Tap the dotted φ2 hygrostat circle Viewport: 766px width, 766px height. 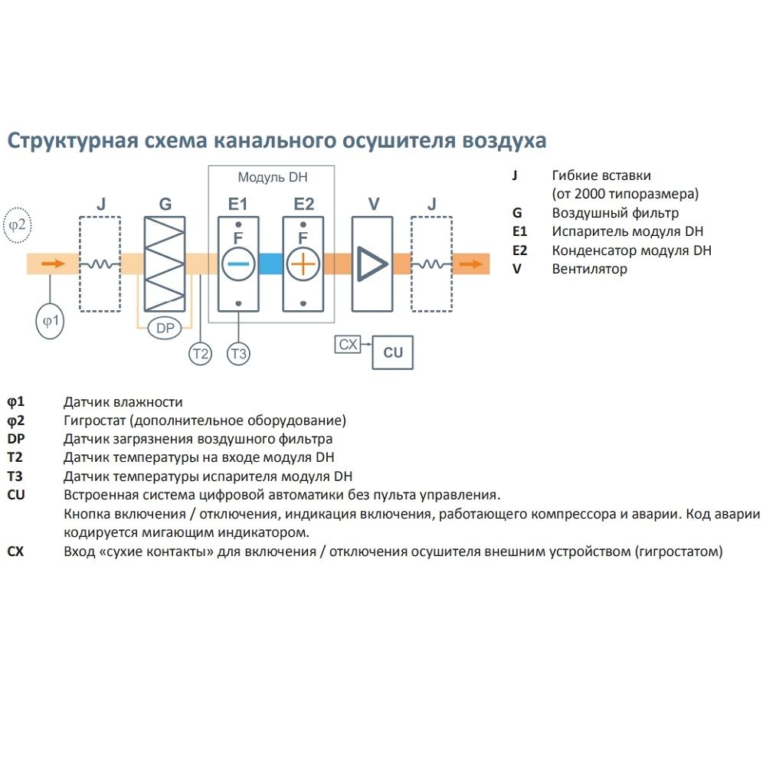click(x=18, y=224)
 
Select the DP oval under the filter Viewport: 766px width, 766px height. click(x=165, y=328)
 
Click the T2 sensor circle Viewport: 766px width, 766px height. click(x=200, y=353)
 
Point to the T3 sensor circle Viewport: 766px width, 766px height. click(x=239, y=353)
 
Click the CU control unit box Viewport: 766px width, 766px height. click(x=392, y=352)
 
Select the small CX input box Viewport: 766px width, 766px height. click(x=348, y=345)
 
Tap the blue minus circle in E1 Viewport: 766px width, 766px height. click(x=238, y=264)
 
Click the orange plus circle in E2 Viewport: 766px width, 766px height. click(x=303, y=264)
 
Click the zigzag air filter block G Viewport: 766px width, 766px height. click(x=165, y=264)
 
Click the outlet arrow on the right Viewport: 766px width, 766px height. click(x=470, y=264)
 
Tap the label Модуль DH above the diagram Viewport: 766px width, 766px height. click(x=272, y=178)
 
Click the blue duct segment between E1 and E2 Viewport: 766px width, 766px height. click(x=270, y=264)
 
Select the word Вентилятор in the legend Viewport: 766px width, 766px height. click(x=589, y=269)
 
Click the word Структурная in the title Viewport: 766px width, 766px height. click(x=71, y=141)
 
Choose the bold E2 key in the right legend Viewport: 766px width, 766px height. click(x=520, y=250)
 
